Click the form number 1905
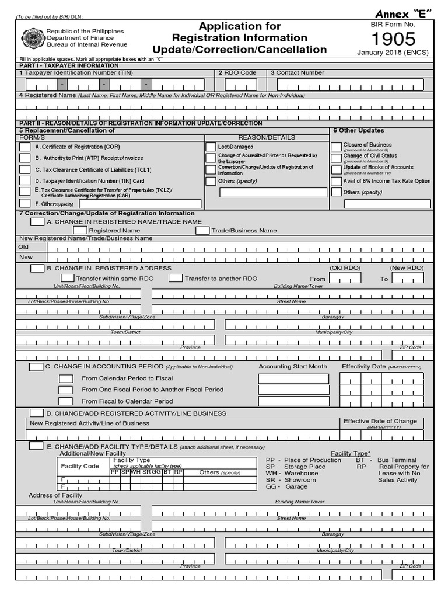point(394,39)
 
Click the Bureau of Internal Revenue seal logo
point(32,38)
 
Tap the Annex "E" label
point(402,14)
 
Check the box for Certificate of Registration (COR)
point(25,147)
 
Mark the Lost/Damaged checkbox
point(211,147)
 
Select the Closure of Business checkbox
point(336,147)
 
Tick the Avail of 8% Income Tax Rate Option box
point(336,181)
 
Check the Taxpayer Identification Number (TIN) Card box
point(25,181)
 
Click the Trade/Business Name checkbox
point(202,231)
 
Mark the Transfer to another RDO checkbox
point(175,279)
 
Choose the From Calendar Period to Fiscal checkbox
point(66,378)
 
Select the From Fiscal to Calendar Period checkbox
point(66,401)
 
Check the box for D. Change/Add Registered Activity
point(36,413)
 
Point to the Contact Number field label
point(297,73)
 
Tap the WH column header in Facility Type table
point(135,472)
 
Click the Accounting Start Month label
point(293,367)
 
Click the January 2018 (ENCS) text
point(393,52)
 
